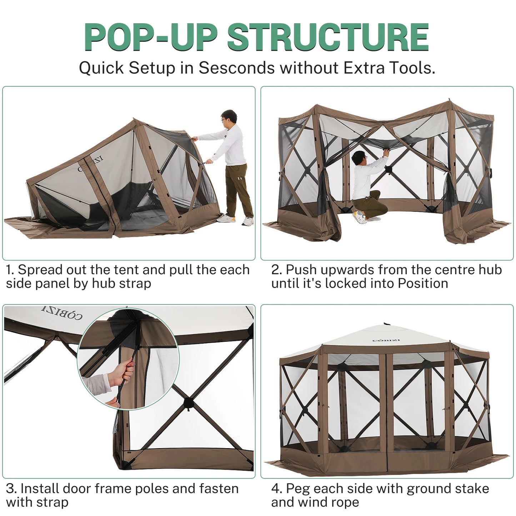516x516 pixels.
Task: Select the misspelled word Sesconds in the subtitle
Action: pyautogui.click(x=237, y=68)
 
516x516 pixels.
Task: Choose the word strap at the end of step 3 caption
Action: pyautogui.click(x=52, y=502)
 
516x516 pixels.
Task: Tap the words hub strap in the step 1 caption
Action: pyautogui.click(x=121, y=284)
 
